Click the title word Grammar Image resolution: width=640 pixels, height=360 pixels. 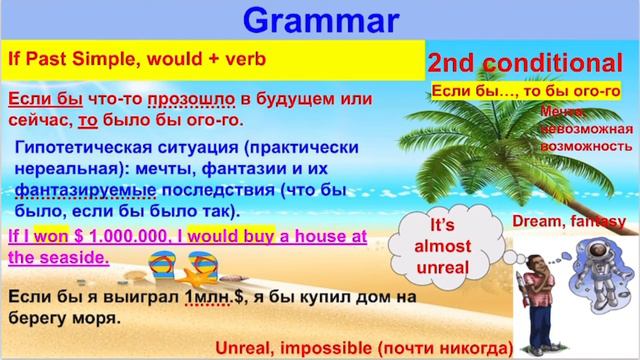(x=320, y=18)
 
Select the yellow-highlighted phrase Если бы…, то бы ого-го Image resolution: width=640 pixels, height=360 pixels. (x=527, y=91)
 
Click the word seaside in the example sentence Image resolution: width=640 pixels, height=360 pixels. (x=74, y=256)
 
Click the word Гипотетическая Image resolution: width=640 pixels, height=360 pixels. (x=79, y=146)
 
